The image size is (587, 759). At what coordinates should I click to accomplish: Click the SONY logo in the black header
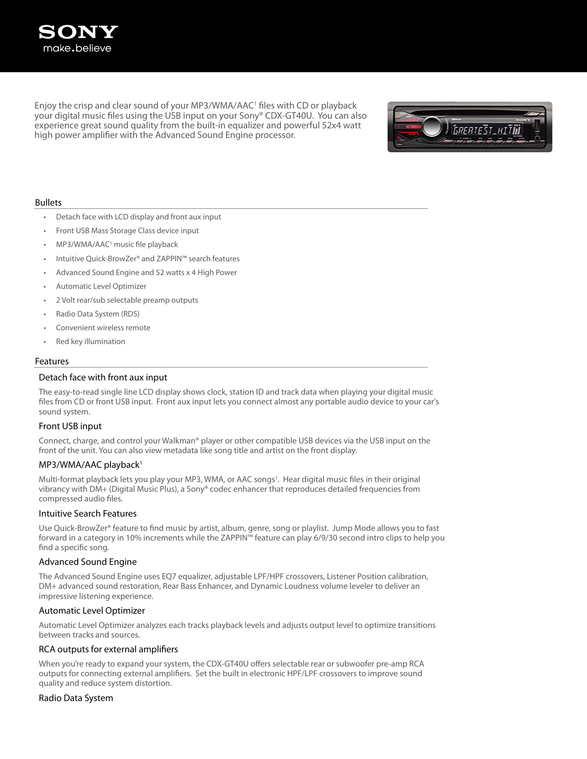78,32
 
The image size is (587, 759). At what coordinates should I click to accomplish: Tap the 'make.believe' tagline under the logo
77,48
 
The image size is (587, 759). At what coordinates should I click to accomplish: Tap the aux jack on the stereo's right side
537,137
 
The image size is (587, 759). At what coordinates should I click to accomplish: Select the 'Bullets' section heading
48,202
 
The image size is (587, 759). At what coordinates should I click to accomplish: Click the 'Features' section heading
52,361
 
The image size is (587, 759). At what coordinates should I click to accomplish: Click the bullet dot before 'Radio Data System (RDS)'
45,314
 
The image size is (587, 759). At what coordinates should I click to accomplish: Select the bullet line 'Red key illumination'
90,341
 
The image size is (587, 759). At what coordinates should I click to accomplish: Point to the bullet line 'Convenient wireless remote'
103,328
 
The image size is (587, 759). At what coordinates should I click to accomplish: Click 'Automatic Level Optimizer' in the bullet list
101,286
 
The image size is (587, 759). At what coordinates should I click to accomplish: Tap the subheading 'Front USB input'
70,426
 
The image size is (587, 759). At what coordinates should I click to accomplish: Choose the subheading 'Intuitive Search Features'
87,513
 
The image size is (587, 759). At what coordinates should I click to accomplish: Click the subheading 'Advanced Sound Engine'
87,562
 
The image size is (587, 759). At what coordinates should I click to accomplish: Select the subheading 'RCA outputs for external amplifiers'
108,649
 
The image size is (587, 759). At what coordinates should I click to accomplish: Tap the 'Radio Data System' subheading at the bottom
76,698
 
